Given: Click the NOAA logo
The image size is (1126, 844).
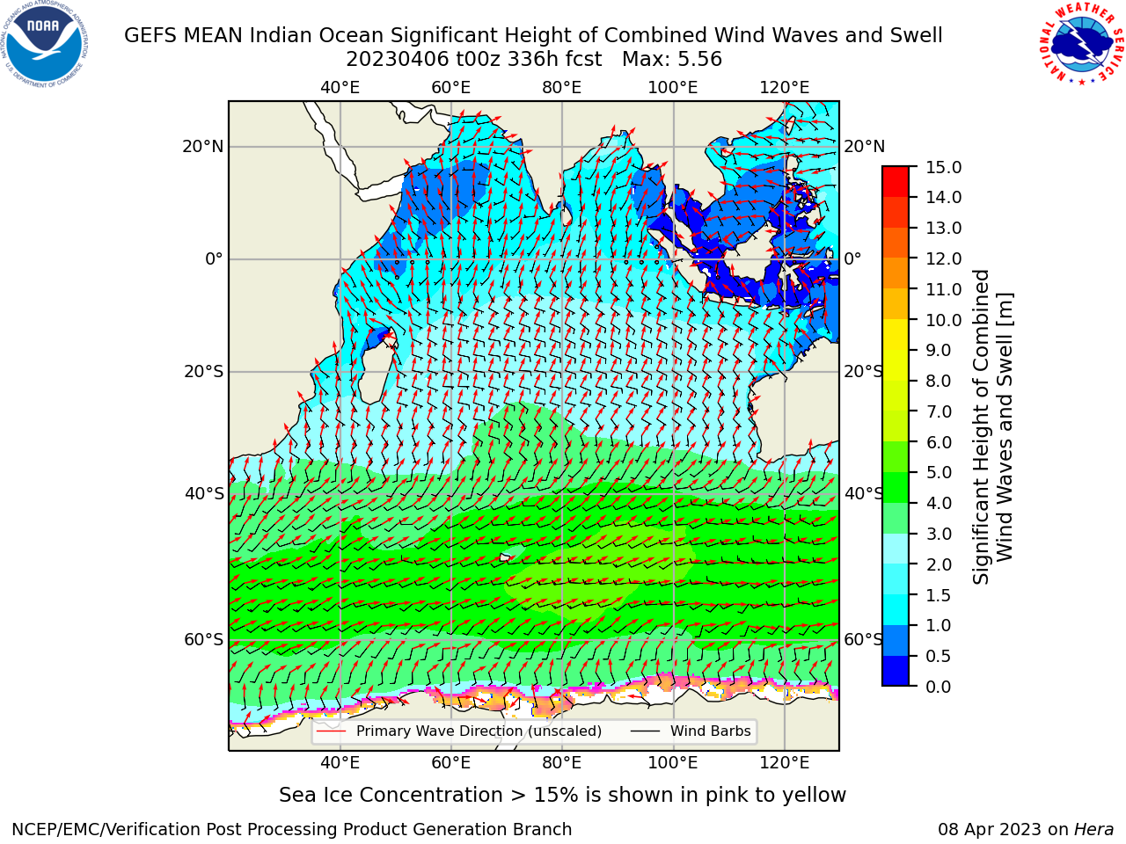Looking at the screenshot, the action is pyautogui.click(x=45, y=45).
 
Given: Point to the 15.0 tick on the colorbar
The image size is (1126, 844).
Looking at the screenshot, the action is pyautogui.click(x=943, y=167).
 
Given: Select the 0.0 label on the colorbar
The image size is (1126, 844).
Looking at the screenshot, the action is pyautogui.click(x=939, y=686).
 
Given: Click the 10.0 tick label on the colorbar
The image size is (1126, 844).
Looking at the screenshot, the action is pyautogui.click(x=943, y=320).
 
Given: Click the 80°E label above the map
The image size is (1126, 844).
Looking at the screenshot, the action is pyautogui.click(x=562, y=88).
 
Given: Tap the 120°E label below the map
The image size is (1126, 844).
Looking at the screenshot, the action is pyautogui.click(x=785, y=763).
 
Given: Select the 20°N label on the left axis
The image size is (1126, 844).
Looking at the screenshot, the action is pyautogui.click(x=203, y=147).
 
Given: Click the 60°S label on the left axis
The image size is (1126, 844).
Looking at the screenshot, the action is pyautogui.click(x=204, y=639).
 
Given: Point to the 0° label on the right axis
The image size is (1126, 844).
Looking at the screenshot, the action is pyautogui.click(x=852, y=258).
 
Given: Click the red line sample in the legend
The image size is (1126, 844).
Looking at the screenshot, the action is pyautogui.click(x=331, y=731).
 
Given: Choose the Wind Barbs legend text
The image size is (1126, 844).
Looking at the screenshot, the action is pyautogui.click(x=711, y=731).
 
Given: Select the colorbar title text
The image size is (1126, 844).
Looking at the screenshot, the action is pyautogui.click(x=992, y=426).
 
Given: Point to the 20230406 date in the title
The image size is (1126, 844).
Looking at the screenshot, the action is pyautogui.click(x=398, y=60).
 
